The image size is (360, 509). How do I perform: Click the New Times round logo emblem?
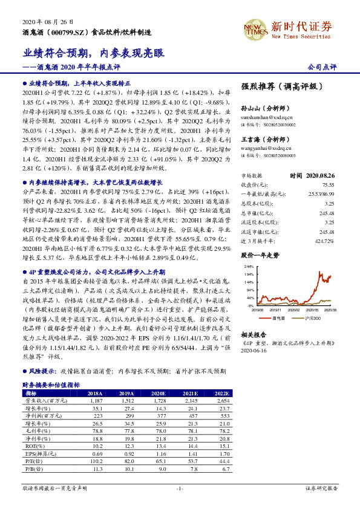tap(252, 29)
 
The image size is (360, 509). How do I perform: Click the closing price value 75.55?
tap(329, 184)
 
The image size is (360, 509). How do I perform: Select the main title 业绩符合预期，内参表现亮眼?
tap(94, 53)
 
